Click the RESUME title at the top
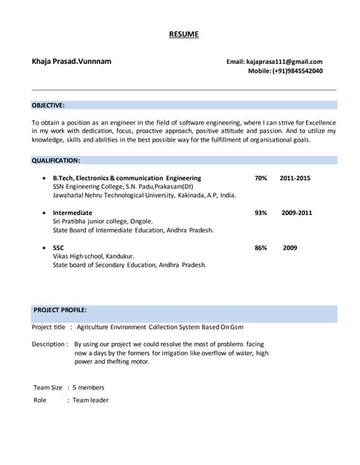click(x=183, y=34)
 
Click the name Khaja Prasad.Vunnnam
click(x=72, y=62)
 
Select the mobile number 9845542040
click(x=297, y=71)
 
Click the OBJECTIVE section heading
click(x=48, y=105)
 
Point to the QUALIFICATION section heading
click(x=55, y=160)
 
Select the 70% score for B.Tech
click(x=261, y=178)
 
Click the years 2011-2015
click(x=295, y=178)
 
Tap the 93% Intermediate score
click(x=261, y=213)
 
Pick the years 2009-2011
click(x=297, y=213)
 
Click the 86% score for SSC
click(x=261, y=248)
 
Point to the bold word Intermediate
click(x=73, y=213)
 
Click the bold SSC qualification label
click(x=59, y=248)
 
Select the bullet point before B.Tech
click(x=45, y=178)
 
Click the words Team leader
click(x=90, y=400)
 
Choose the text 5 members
click(x=89, y=387)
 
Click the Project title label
click(x=49, y=327)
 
